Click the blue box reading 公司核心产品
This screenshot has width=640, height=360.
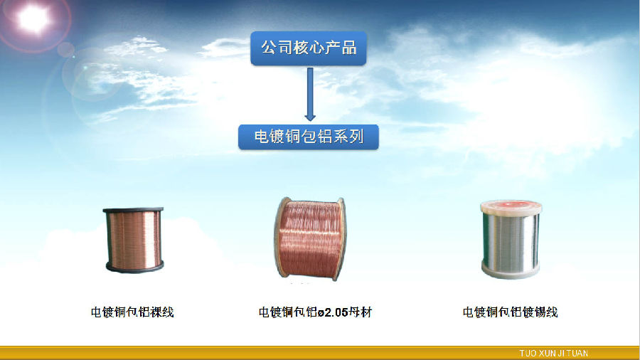309,48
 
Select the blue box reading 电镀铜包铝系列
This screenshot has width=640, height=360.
309,137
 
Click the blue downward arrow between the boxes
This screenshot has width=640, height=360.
310,95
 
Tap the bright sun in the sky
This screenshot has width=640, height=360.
33,18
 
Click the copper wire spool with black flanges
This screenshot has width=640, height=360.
134,240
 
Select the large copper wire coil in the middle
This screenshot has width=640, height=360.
310,239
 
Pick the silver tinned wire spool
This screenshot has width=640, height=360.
511,239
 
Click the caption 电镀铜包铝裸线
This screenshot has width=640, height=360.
132,312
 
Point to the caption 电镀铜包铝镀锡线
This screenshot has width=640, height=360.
510,312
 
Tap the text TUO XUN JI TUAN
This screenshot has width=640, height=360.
553,353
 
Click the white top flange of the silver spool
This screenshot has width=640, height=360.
511,207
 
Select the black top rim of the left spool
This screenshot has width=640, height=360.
133,210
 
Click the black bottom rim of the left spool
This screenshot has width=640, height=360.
134,268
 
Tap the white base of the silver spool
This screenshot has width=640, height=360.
511,271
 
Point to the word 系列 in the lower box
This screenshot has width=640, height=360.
348,137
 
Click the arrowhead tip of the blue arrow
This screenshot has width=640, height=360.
310,121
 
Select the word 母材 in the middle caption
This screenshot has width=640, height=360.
361,312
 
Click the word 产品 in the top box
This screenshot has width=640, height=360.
344,48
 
